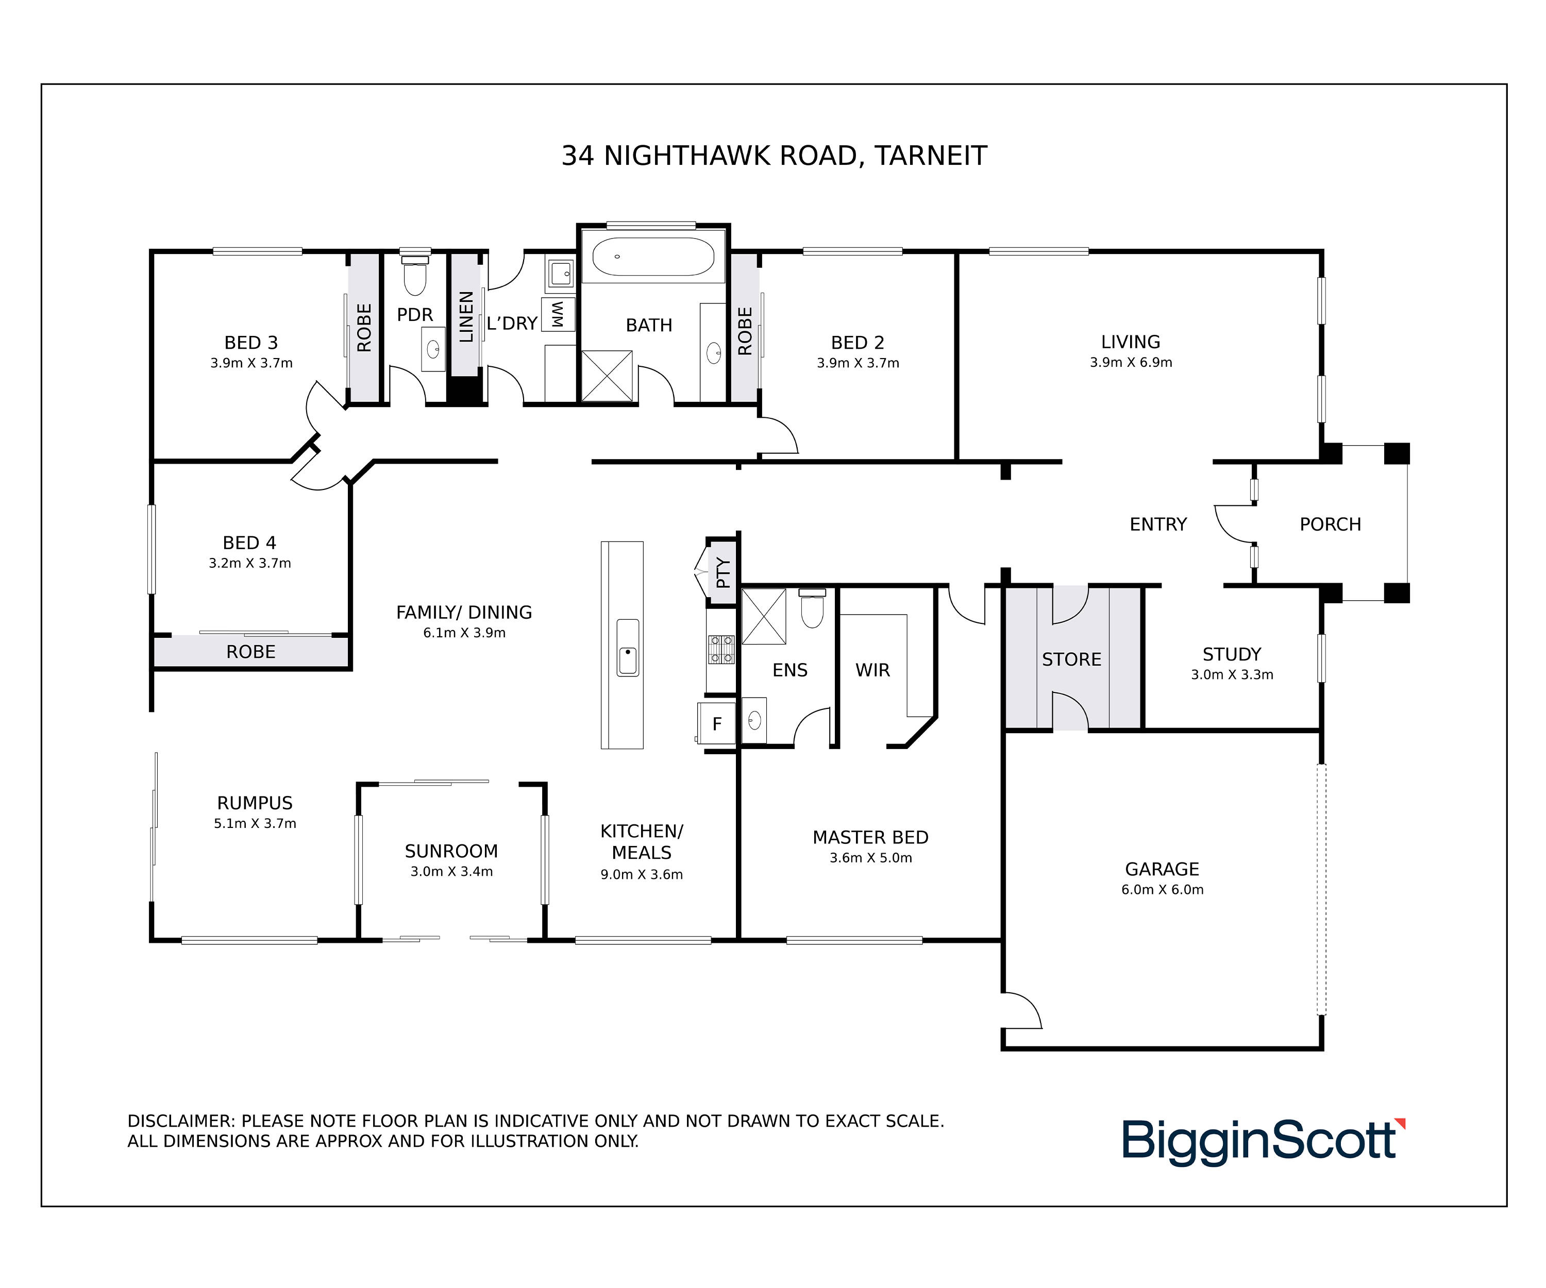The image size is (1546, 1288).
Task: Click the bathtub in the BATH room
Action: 653,256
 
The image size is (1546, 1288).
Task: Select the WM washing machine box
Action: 558,314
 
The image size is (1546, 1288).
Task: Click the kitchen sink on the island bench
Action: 627,648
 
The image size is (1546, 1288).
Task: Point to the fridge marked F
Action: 716,723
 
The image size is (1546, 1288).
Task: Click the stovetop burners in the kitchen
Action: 721,649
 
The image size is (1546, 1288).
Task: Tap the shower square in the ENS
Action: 763,617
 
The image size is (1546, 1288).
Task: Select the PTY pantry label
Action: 723,572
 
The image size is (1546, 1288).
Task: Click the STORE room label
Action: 1071,659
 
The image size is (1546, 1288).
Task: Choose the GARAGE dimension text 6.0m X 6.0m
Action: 1163,889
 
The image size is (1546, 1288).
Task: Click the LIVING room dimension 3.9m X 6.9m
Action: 1131,362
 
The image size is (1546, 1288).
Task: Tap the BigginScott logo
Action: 1263,1142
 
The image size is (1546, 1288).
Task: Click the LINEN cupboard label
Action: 466,316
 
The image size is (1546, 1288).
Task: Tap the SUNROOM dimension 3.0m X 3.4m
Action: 451,871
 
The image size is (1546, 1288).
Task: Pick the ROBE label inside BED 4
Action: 250,652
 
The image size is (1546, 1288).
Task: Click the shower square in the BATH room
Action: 607,376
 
